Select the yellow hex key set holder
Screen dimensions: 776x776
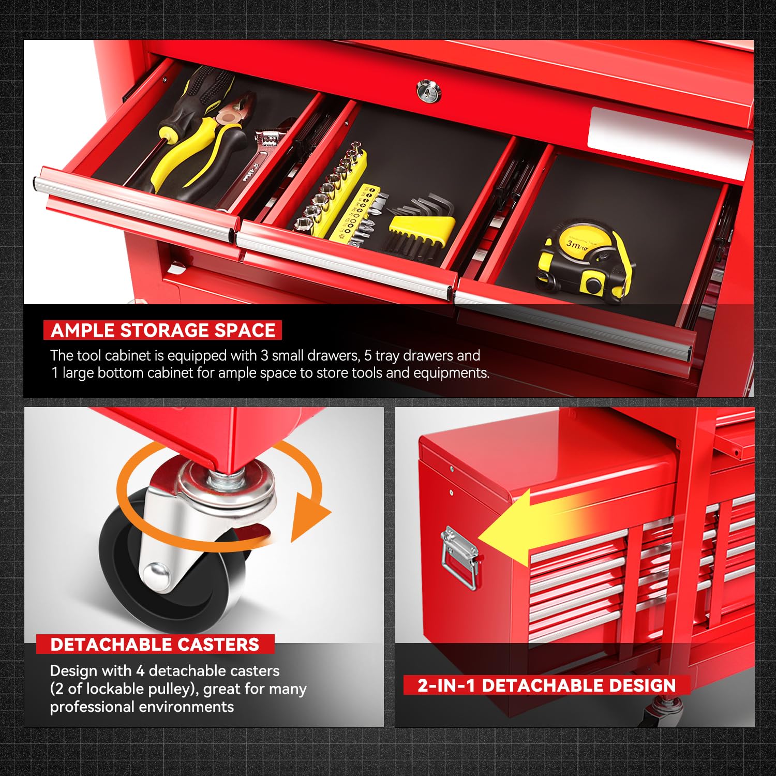pyautogui.click(x=422, y=226)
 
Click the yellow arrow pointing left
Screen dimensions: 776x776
pyautogui.click(x=528, y=533)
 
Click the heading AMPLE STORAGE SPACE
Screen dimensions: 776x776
pyautogui.click(x=163, y=330)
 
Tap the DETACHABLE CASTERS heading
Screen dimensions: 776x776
pyautogui.click(x=155, y=644)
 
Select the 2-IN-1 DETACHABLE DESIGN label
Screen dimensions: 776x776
pyautogui.click(x=547, y=685)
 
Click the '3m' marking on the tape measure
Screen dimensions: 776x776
pyautogui.click(x=573, y=243)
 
